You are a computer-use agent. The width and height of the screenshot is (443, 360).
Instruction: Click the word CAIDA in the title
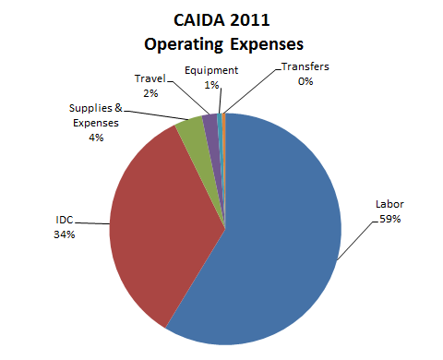pyautogui.click(x=194, y=20)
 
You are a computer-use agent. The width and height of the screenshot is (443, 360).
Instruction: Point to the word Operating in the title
pyautogui.click(x=185, y=43)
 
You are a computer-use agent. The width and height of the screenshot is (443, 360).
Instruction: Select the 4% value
pyautogui.click(x=96, y=137)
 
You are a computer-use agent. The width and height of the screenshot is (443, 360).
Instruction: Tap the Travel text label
pyautogui.click(x=150, y=79)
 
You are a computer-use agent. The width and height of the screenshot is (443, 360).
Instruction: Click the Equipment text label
pyautogui.click(x=211, y=70)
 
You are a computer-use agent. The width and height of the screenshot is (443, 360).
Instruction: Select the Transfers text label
pyautogui.click(x=305, y=68)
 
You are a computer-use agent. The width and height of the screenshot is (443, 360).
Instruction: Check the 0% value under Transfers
pyautogui.click(x=305, y=81)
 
